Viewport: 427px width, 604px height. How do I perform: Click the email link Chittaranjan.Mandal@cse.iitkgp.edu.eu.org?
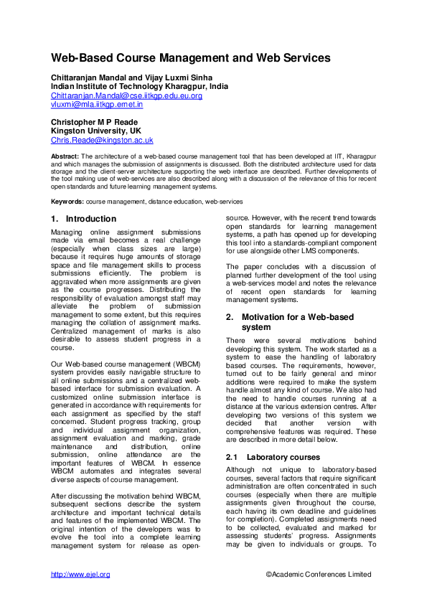pyautogui.click(x=126, y=95)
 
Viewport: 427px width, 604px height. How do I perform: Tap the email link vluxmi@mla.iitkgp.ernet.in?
pyautogui.click(x=96, y=104)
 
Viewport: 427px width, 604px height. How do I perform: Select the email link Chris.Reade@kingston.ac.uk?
pyautogui.click(x=101, y=141)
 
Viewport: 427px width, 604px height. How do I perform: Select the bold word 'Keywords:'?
pyautogui.click(x=67, y=202)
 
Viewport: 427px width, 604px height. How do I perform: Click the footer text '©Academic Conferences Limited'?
pyautogui.click(x=318, y=575)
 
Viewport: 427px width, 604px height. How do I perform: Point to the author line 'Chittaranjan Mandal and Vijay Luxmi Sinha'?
pyautogui.click(x=131, y=77)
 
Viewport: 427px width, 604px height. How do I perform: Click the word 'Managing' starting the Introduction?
pyautogui.click(x=67, y=233)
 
